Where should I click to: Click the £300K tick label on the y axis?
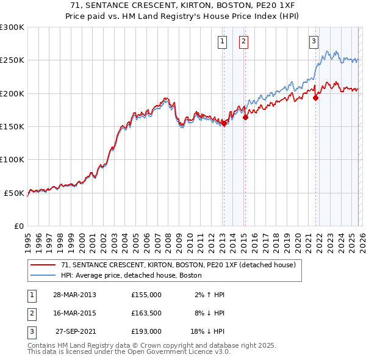(x=12, y=27)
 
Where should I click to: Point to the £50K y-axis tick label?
(x=15, y=193)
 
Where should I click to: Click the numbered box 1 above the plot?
(x=221, y=41)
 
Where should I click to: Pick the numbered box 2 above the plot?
(x=243, y=41)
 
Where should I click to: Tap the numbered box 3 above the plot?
(x=314, y=41)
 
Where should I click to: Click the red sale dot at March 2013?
(x=224, y=123)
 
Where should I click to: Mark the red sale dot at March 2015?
(x=245, y=118)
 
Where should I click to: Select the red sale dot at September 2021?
(x=316, y=98)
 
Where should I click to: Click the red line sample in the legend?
(x=43, y=265)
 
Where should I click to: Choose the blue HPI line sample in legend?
(x=43, y=275)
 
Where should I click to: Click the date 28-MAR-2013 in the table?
(x=74, y=295)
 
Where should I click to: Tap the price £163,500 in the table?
(x=146, y=313)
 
